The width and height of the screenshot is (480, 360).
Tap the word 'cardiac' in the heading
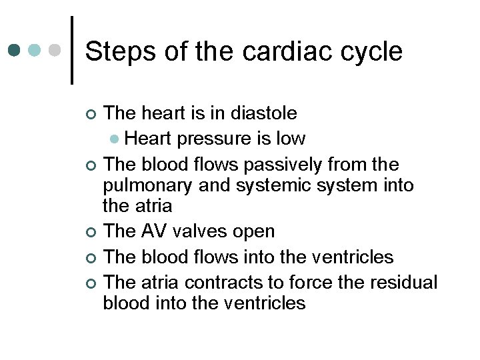[x=291, y=51]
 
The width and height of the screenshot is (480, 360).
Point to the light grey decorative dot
[x=56, y=50]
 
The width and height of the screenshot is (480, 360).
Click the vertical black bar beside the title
[x=72, y=50]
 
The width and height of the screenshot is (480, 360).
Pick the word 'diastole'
[x=264, y=114]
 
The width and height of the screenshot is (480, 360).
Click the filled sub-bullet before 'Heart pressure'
[x=115, y=139]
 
